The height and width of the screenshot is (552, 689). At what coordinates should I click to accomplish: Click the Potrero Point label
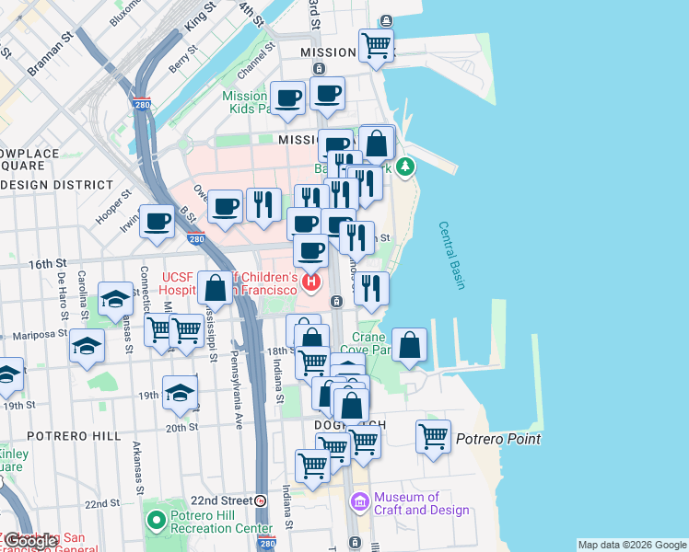[498, 439]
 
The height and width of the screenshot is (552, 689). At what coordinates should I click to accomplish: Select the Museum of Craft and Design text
[422, 503]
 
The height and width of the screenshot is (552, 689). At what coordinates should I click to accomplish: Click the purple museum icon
[360, 502]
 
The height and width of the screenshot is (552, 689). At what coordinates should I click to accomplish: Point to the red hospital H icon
[312, 282]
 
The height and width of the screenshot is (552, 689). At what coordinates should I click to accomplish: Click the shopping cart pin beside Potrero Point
[433, 436]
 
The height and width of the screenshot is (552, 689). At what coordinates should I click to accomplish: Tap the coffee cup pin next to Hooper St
[158, 221]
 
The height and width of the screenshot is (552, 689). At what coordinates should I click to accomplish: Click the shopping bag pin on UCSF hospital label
[215, 288]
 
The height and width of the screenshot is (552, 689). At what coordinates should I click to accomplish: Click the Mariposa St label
[37, 336]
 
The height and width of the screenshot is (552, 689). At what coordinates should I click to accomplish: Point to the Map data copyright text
[631, 545]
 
